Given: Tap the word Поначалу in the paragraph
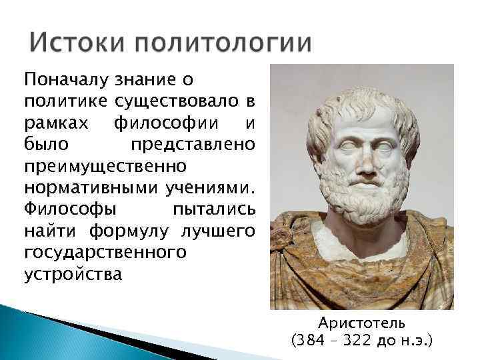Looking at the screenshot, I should click(65, 81).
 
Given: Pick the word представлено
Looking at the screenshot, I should click(193, 145).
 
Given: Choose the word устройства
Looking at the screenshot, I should click(73, 274).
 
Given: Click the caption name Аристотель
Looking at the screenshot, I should click(361, 323).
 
